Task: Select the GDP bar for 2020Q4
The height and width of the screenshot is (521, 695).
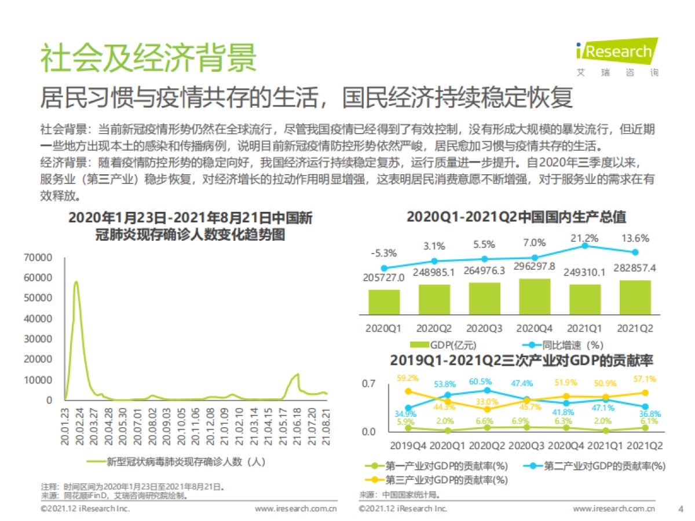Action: click(x=534, y=296)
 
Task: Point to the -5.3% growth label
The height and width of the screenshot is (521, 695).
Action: click(x=383, y=253)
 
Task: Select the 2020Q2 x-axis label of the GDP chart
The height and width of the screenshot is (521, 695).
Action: click(x=433, y=328)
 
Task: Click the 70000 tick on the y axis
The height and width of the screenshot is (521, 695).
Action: click(x=38, y=257)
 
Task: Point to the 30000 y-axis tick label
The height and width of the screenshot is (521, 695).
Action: click(x=38, y=339)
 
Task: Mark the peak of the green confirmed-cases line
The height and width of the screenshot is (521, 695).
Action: click(x=76, y=282)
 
